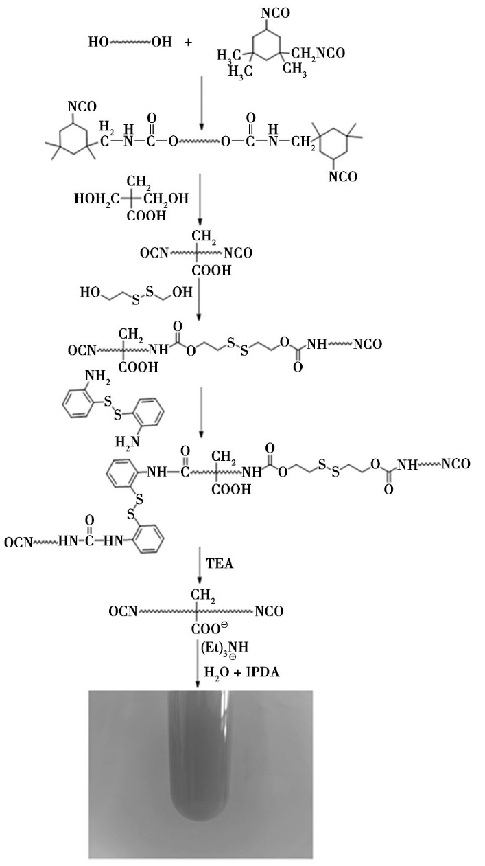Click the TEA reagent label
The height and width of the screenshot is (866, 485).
(x=220, y=563)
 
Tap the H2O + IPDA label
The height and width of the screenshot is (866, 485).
(x=241, y=672)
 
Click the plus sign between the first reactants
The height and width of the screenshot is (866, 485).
(x=188, y=42)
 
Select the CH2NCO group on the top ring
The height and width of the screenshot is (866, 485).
(x=318, y=54)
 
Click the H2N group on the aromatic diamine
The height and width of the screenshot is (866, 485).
(x=128, y=442)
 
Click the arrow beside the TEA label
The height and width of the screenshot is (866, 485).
(x=199, y=565)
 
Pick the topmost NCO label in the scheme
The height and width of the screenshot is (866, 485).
(x=275, y=13)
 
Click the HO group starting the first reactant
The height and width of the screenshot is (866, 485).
(x=99, y=41)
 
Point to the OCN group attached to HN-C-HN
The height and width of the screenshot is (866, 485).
(x=18, y=543)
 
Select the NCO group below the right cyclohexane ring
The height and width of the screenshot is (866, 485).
(x=343, y=176)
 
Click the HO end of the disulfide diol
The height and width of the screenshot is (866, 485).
(x=90, y=292)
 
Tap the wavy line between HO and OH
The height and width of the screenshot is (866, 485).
(x=130, y=42)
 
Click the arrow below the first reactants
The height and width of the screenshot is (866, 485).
(x=201, y=104)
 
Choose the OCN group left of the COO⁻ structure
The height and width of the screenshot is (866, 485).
(x=123, y=611)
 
